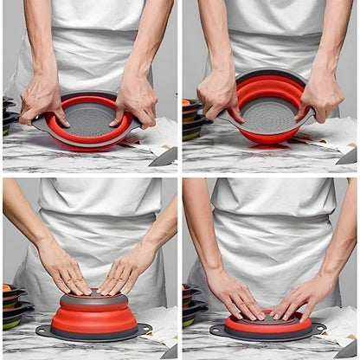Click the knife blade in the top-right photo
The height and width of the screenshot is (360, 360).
coord(347,157)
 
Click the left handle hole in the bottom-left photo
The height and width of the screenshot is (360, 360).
coord(43,330)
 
